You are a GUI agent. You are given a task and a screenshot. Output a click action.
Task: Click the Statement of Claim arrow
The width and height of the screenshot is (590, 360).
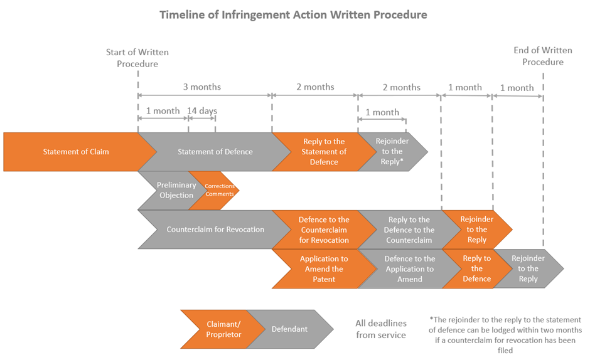point(75,152)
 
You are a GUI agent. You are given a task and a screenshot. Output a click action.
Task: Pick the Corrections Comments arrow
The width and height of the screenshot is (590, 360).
point(219,191)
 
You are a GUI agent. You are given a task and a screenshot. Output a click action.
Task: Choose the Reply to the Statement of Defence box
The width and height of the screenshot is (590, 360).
point(323,152)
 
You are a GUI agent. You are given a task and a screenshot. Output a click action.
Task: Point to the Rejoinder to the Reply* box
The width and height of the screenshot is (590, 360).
point(392,152)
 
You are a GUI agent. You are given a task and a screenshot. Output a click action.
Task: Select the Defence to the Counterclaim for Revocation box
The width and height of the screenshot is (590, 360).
point(323,230)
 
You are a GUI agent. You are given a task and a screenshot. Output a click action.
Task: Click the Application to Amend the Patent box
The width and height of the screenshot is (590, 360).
point(323,268)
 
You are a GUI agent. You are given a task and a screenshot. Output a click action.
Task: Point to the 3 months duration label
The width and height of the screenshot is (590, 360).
point(202,87)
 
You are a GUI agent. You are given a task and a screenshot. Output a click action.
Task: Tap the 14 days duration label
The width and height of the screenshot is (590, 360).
point(202,111)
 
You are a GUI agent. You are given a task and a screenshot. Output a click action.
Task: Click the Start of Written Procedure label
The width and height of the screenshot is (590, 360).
point(137,58)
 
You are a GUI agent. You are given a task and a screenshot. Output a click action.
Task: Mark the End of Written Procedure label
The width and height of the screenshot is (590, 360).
point(543,56)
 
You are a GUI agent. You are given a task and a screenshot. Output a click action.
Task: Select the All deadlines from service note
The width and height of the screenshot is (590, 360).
point(381,329)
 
